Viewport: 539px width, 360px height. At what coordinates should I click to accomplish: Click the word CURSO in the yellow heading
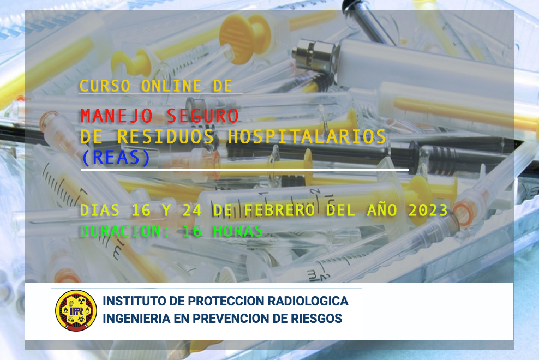click(105, 86)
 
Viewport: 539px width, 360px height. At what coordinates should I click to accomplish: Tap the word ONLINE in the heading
click(171, 86)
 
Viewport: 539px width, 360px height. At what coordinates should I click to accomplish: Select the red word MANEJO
click(116, 116)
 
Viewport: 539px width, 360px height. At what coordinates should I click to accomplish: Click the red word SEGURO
click(202, 116)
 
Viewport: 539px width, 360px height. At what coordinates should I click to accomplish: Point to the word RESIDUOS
click(166, 136)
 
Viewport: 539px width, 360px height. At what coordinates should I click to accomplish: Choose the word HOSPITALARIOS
click(307, 136)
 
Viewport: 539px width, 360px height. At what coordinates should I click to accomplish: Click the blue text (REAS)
click(116, 158)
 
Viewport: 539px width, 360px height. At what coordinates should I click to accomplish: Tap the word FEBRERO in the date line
click(279, 210)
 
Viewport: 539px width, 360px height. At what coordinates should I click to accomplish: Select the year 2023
click(428, 210)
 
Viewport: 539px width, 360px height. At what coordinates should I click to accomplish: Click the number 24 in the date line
click(192, 210)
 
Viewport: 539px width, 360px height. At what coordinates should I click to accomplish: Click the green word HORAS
click(238, 231)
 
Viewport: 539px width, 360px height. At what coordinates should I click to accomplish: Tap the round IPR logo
click(76, 310)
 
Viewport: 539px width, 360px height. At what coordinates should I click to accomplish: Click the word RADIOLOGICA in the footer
click(308, 301)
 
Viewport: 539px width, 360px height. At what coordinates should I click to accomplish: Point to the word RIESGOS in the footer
click(316, 319)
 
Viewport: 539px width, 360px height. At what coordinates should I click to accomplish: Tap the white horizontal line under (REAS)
click(245, 170)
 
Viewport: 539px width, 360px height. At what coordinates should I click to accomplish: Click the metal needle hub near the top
click(314, 54)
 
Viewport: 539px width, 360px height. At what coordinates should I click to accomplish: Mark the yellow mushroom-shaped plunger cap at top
click(245, 39)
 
